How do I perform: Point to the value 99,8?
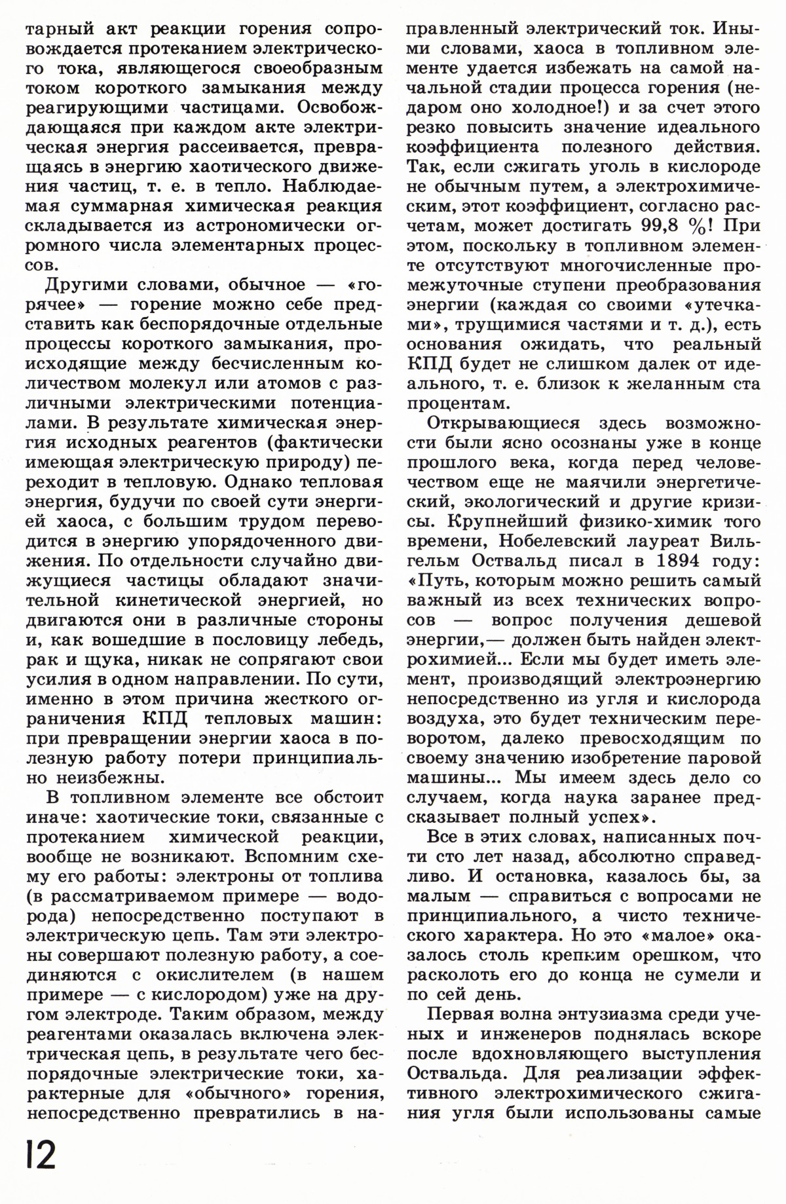click(668, 226)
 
